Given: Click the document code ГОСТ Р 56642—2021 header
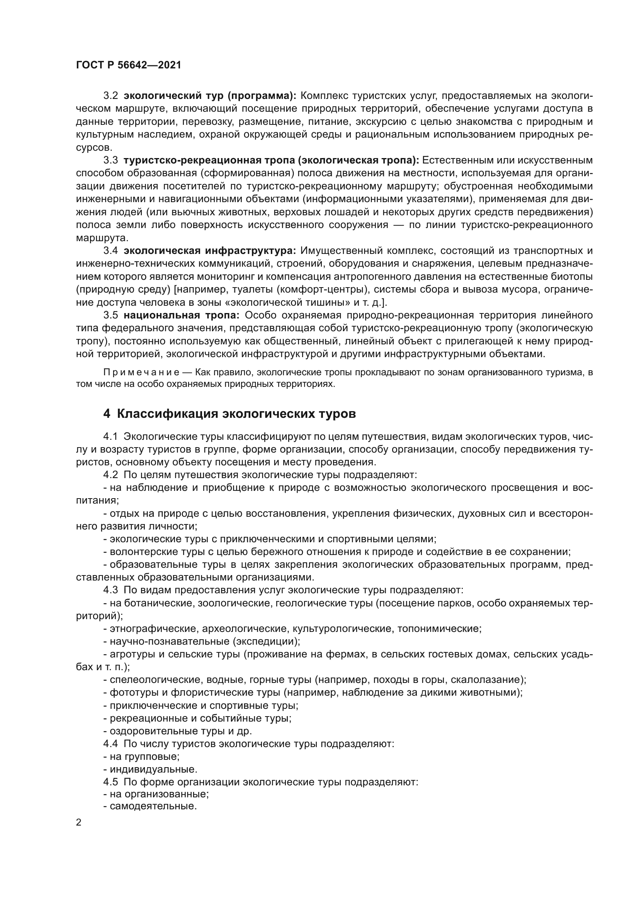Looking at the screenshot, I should pos(128,65).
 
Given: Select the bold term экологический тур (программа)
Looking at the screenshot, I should pos(210,96).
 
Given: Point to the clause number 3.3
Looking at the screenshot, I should pos(110,160).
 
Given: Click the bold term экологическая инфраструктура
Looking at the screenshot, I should pos(210,251).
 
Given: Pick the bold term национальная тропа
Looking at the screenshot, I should pos(182,315).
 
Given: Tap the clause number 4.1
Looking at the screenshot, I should pos(110,437).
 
